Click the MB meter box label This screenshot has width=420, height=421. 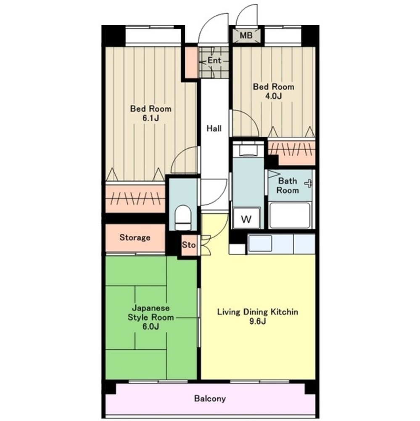pos(246,35)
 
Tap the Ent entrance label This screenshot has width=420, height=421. pos(214,61)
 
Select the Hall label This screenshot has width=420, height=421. pos(214,128)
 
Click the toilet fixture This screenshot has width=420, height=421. pos(183,217)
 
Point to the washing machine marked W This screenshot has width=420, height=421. pos(246,218)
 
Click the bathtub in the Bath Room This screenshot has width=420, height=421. pos(290,215)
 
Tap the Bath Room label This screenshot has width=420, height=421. pos(288,186)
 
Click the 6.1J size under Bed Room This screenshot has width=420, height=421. pos(151,118)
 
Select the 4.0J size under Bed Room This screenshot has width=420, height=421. pos(274,96)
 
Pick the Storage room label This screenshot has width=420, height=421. pos(135,237)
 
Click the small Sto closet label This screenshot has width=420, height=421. pos(189,245)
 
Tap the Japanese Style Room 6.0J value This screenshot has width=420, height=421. pos(151,327)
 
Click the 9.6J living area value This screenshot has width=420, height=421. pos(257,321)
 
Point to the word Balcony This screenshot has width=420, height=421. pos(210,398)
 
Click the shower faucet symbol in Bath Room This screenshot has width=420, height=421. pos(308,184)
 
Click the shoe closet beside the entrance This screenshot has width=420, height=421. pos(191,62)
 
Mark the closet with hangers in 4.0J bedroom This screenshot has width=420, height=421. pos(292,152)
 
